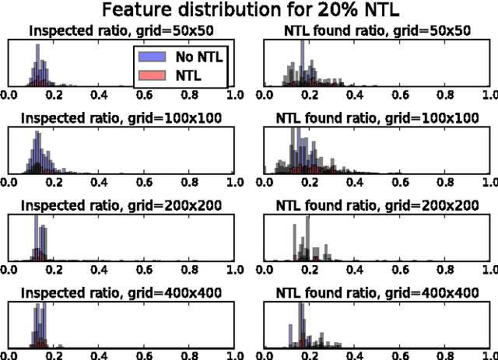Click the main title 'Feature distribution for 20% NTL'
point(249,10)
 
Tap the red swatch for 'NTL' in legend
point(149,75)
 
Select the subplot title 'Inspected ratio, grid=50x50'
point(121,32)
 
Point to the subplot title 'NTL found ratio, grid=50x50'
point(378,32)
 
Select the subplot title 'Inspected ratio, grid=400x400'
point(121,292)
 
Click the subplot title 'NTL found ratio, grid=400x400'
point(378,292)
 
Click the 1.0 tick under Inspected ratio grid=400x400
point(234,355)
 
